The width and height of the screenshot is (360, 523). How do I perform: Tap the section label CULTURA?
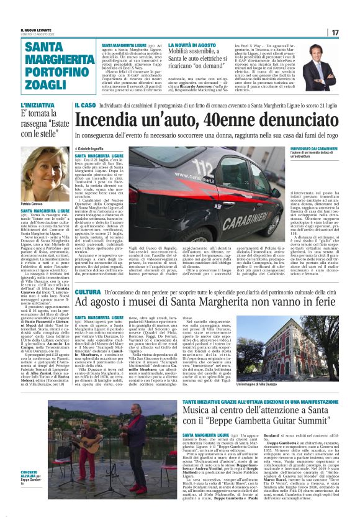(87, 291)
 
